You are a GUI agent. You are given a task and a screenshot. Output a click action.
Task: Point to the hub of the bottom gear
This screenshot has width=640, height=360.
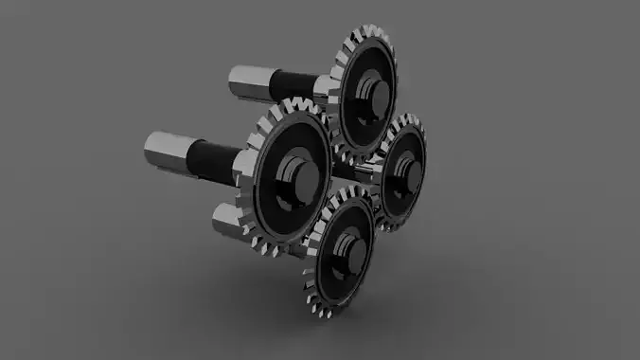(352, 248)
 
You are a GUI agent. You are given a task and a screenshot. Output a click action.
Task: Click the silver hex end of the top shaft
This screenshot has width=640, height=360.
(248, 81)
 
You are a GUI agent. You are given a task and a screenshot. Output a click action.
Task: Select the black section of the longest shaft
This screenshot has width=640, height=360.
(212, 160)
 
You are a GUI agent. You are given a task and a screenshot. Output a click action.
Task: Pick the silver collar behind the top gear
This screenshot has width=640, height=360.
(322, 90)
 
